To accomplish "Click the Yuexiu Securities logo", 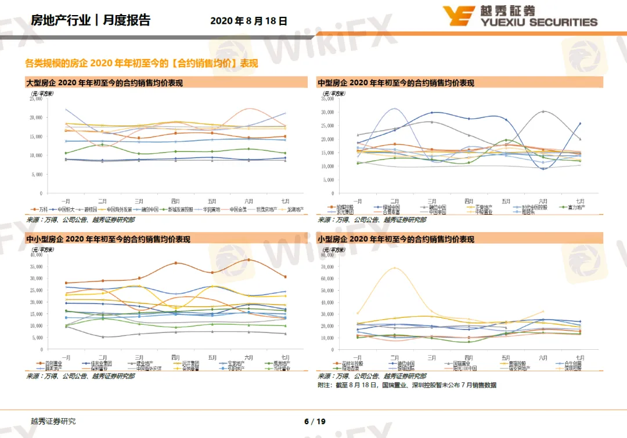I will point(520,16).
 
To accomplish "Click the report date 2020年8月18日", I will point(248,21).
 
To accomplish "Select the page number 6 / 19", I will point(315,421).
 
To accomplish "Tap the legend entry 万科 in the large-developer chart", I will point(42,209).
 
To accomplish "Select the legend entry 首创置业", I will point(52,363).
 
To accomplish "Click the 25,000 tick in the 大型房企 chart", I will point(35,99).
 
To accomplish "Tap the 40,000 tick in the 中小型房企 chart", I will point(35,255).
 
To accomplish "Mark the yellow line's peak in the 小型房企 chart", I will point(395,267).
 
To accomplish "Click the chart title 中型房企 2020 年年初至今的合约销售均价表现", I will point(396,83).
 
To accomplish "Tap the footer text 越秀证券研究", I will point(53,421).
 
